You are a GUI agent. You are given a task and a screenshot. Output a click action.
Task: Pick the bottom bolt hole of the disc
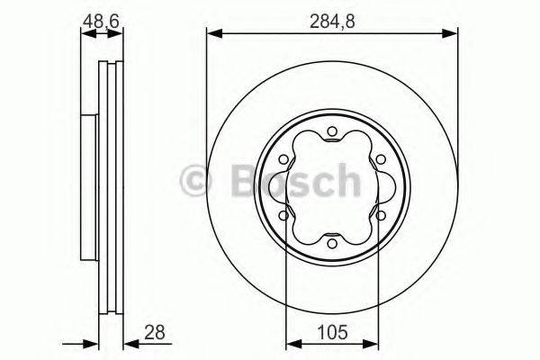331,242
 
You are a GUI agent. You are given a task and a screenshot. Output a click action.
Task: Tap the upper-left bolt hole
284,160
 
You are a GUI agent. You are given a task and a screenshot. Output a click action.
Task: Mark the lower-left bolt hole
284,215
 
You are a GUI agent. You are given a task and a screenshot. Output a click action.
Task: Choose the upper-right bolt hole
378,160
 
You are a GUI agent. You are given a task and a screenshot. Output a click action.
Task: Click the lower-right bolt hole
378,215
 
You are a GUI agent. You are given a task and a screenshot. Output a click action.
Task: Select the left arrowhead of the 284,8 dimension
213,34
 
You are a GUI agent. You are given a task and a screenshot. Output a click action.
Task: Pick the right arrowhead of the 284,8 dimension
451,34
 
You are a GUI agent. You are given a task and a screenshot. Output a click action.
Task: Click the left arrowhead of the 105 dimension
292,343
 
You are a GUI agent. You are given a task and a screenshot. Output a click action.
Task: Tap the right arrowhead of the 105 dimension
372,343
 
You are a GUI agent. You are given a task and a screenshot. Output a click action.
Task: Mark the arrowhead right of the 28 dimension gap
130,343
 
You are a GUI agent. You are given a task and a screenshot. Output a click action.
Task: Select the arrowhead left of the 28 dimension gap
91,343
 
